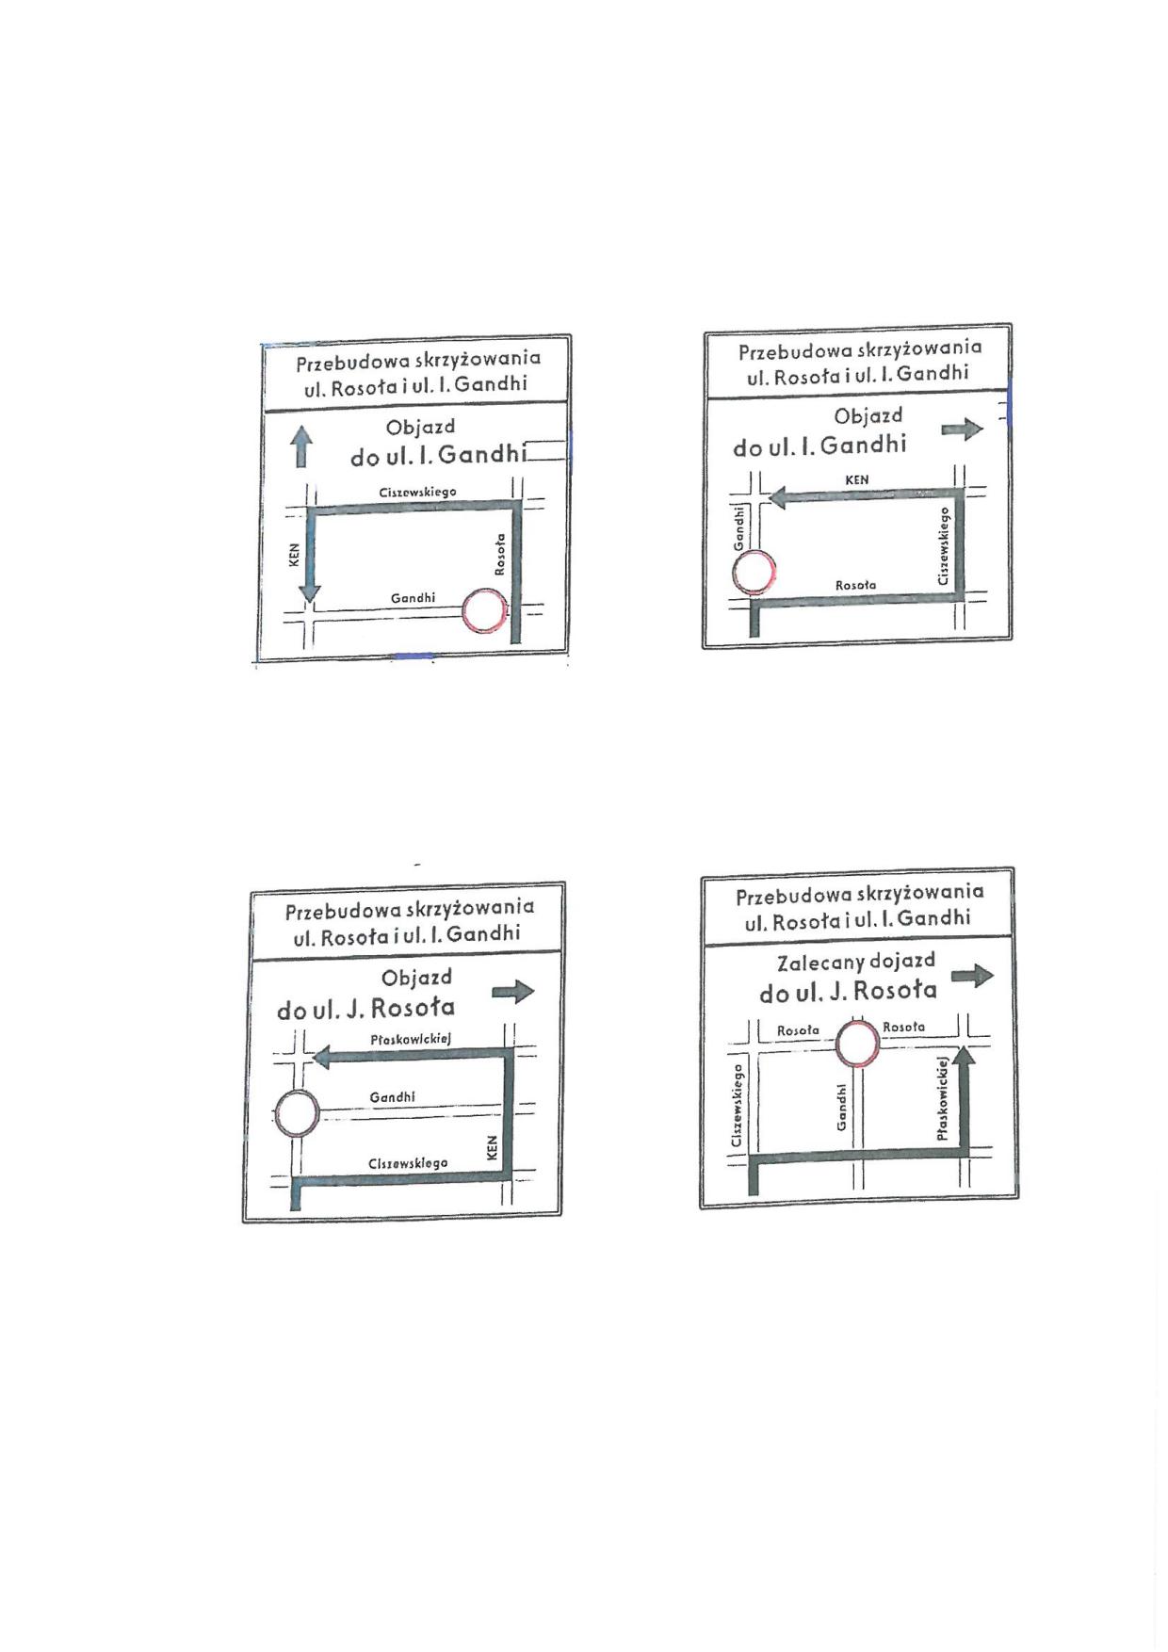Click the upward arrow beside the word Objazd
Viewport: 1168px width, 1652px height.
click(300, 446)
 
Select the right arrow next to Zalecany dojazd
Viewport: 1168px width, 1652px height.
click(972, 976)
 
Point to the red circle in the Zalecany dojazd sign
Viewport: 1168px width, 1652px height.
click(858, 1045)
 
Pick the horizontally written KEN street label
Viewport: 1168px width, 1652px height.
click(857, 479)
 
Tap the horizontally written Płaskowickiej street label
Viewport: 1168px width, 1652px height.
click(411, 1040)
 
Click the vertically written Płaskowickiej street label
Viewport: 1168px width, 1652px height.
click(942, 1098)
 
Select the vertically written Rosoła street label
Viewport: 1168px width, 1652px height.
click(500, 554)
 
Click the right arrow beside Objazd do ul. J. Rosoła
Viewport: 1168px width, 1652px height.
click(513, 991)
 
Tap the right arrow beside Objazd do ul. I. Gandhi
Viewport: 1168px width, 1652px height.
click(962, 430)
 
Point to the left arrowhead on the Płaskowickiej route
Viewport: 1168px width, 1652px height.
click(322, 1058)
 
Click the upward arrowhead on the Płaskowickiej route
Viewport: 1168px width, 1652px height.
click(965, 1057)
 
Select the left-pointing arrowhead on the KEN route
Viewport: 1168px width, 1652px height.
click(779, 496)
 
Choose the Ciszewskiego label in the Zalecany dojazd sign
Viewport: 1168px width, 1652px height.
click(738, 1106)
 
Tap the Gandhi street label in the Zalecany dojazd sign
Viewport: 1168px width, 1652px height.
click(841, 1108)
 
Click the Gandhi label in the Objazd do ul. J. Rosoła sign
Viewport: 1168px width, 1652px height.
click(392, 1097)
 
